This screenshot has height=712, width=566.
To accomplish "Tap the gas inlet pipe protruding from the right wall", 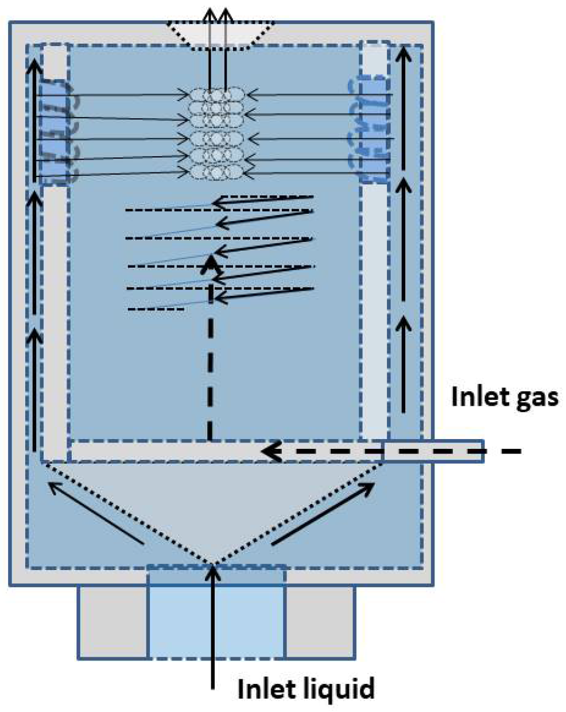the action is tap(433, 451).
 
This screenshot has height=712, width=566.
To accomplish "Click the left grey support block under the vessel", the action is tap(113, 622).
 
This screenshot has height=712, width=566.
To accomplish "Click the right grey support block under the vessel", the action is tap(320, 622).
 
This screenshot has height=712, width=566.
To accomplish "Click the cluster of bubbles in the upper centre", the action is tap(217, 133).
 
